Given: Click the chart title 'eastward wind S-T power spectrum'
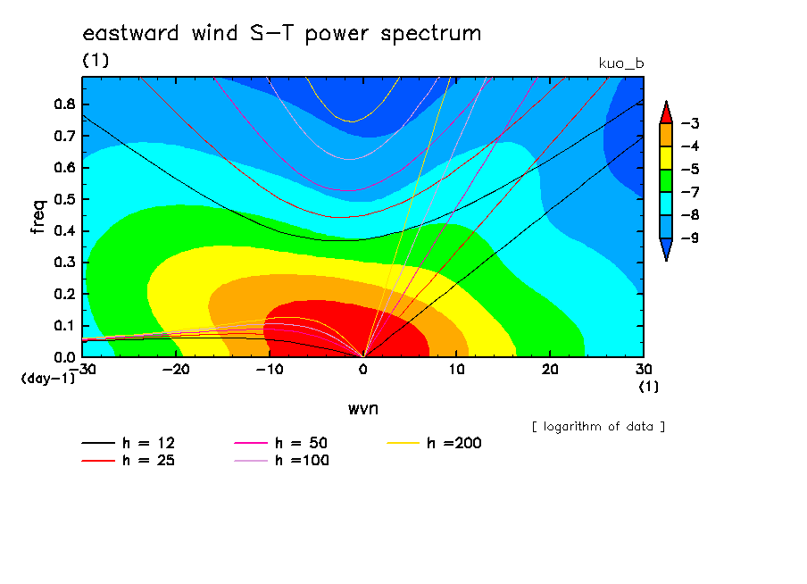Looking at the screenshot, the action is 282,34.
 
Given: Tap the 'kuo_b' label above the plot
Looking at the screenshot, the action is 621,63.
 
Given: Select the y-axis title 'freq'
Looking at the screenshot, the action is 38,217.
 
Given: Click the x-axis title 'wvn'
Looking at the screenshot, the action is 363,409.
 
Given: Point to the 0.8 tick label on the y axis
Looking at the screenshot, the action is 64,104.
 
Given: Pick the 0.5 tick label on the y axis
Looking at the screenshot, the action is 64,199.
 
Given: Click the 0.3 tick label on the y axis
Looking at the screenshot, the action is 64,263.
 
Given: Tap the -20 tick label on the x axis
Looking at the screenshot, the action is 176,370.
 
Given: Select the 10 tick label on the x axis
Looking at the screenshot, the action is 456,370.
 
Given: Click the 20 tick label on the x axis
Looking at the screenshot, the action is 550,370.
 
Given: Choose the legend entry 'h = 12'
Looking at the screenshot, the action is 129,443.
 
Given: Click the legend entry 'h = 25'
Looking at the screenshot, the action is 129,461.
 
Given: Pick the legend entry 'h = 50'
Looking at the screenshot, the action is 281,443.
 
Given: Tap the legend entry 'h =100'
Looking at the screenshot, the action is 281,461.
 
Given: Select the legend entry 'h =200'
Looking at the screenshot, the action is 435,443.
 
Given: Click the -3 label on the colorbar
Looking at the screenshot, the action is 690,123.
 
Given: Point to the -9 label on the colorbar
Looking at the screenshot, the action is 690,238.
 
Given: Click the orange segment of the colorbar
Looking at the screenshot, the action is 666,135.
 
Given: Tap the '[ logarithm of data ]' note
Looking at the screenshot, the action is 598,427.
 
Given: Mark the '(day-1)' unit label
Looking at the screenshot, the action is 48,379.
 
